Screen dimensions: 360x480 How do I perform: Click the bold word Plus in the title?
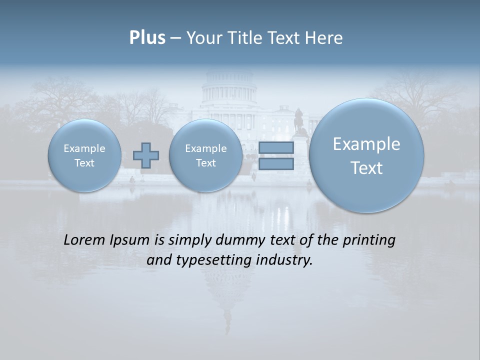click(x=147, y=38)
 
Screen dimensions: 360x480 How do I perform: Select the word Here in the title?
click(x=324, y=38)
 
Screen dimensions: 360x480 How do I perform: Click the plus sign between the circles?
click(x=146, y=155)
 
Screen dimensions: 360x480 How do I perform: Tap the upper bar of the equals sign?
click(x=276, y=148)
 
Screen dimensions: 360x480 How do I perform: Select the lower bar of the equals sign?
click(x=276, y=163)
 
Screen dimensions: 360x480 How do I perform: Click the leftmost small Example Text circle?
click(x=84, y=155)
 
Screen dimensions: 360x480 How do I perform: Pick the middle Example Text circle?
click(x=205, y=155)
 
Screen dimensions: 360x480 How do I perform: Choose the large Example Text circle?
click(x=366, y=155)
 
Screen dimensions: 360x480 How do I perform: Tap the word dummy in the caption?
click(x=235, y=240)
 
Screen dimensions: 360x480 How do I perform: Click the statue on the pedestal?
click(x=299, y=120)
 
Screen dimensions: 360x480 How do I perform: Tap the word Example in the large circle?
click(x=366, y=144)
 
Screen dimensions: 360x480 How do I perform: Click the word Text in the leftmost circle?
click(x=84, y=163)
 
